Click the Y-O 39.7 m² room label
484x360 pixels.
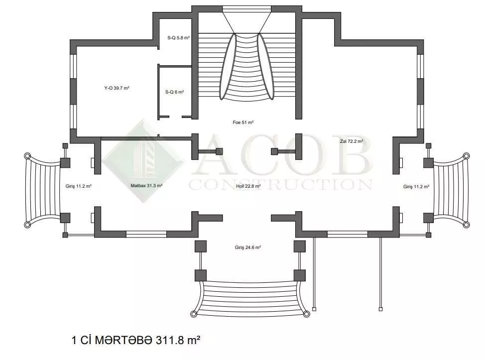click(x=117, y=88)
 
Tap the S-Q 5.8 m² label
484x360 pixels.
click(x=178, y=38)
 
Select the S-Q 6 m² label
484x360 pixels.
click(x=174, y=92)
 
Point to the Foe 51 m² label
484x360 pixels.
click(x=243, y=122)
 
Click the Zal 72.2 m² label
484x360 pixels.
click(x=351, y=141)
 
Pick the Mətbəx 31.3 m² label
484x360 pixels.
click(x=146, y=186)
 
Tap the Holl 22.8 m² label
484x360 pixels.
click(x=248, y=186)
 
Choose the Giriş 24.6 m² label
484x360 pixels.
click(x=248, y=247)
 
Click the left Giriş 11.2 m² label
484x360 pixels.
click(x=78, y=186)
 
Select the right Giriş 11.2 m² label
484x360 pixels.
click(x=416, y=187)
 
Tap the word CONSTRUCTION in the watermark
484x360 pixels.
click(x=280, y=185)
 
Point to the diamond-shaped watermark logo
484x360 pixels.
click(x=142, y=161)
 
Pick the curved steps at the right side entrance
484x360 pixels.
click(x=451, y=190)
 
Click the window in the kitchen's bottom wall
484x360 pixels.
click(x=146, y=234)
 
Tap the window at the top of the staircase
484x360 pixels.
click(x=246, y=9)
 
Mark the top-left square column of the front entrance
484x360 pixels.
click(x=201, y=246)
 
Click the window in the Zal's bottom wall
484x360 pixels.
click(x=347, y=234)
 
